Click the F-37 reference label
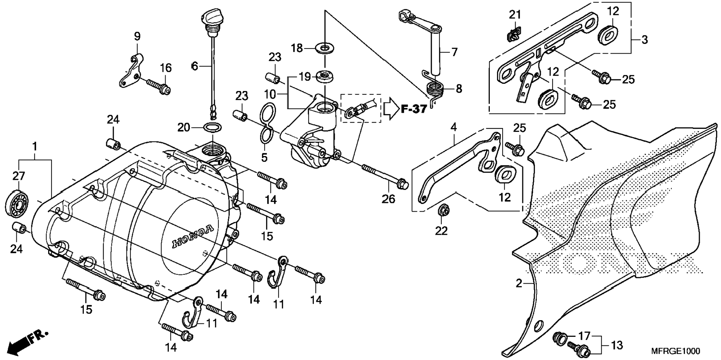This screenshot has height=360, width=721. point(414,109)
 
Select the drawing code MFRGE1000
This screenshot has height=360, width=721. point(676,351)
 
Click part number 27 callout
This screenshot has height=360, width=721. point(19,176)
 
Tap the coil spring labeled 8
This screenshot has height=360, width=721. point(435,89)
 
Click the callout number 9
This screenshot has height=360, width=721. point(137,37)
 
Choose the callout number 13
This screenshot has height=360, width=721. point(617,345)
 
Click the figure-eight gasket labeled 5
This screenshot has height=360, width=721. point(267,123)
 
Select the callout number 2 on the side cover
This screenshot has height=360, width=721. point(519,284)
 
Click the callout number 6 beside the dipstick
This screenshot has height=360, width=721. point(195,66)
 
